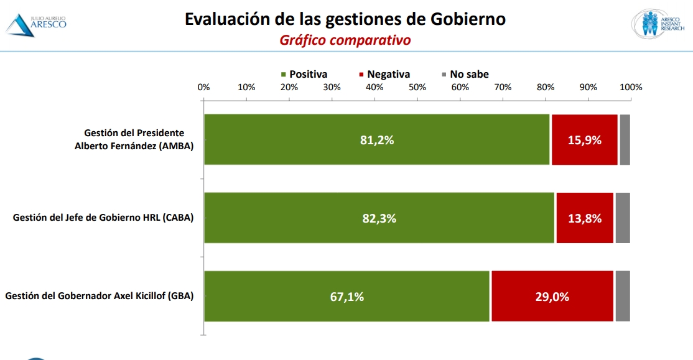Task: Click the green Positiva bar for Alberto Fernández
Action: [377, 140]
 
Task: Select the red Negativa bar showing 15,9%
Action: [584, 140]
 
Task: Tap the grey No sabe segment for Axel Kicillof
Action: [622, 296]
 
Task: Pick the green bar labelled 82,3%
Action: [379, 218]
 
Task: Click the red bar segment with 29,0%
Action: [552, 296]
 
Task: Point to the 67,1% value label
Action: [347, 297]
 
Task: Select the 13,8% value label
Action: [585, 218]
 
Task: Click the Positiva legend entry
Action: [304, 74]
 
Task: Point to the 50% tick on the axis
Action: [417, 87]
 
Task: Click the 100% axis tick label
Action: [630, 87]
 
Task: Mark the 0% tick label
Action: [204, 87]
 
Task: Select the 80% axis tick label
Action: [545, 87]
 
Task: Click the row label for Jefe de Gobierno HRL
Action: [103, 218]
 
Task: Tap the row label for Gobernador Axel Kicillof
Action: [100, 296]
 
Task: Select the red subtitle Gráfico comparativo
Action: [345, 40]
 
